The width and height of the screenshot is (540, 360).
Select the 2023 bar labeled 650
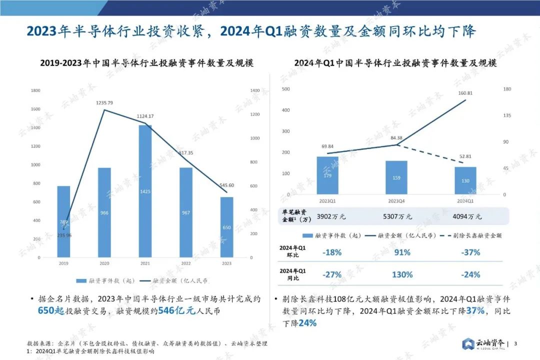coord(226,227)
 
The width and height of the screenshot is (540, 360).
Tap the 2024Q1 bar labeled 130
coord(465,180)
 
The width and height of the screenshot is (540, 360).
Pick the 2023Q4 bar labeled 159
coord(396,177)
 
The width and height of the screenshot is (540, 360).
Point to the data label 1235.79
coord(104,103)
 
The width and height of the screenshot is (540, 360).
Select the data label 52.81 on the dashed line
coord(465,156)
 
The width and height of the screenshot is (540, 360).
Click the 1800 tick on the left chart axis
coord(35,90)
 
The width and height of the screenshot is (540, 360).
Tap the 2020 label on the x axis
coord(104,262)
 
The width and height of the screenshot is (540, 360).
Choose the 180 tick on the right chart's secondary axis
coord(506,89)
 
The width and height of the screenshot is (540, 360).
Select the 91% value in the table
coord(402,252)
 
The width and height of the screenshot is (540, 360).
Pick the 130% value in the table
coord(402,274)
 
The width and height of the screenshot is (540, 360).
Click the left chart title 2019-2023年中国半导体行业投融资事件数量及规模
coord(146,63)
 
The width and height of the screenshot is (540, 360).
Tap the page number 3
coord(515,343)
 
